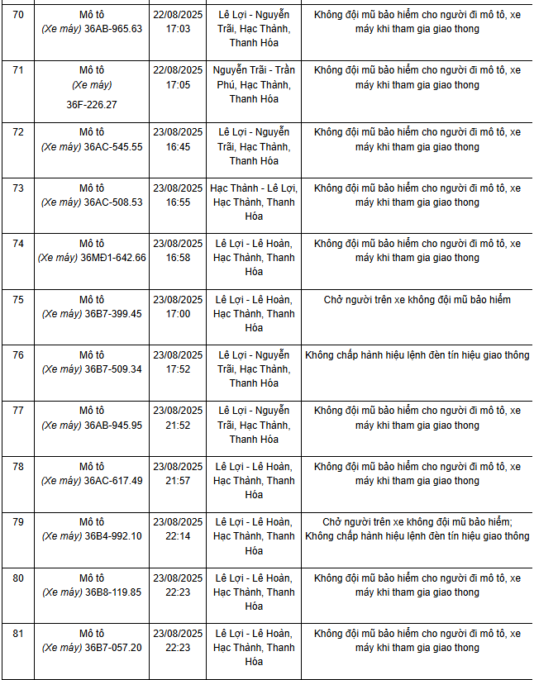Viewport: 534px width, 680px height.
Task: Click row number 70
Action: (x=17, y=15)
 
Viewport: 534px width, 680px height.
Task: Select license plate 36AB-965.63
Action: (x=112, y=29)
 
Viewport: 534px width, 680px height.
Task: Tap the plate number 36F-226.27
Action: (x=92, y=105)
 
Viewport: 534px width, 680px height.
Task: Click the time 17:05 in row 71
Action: (x=178, y=84)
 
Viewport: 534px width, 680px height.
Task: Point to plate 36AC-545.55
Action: (x=112, y=147)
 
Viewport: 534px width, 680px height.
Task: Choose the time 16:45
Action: (x=178, y=147)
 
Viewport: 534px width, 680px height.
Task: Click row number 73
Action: (x=17, y=188)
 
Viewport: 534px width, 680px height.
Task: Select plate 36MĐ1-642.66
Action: (x=112, y=258)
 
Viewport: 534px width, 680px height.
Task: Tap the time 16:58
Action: (x=178, y=258)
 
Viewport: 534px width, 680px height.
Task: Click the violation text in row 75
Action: (x=417, y=300)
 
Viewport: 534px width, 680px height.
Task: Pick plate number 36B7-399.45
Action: (x=112, y=314)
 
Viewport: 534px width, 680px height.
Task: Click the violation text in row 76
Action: (x=417, y=355)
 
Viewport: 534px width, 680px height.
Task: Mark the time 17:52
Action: (x=178, y=369)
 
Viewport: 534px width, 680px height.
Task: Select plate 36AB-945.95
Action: (x=112, y=426)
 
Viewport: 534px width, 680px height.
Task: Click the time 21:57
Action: (x=178, y=481)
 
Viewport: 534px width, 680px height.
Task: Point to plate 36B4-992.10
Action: (x=112, y=536)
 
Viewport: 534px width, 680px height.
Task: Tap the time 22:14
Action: (x=178, y=536)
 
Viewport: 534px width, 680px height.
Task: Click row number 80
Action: (x=17, y=578)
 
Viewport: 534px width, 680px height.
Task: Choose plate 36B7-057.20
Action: (x=112, y=648)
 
